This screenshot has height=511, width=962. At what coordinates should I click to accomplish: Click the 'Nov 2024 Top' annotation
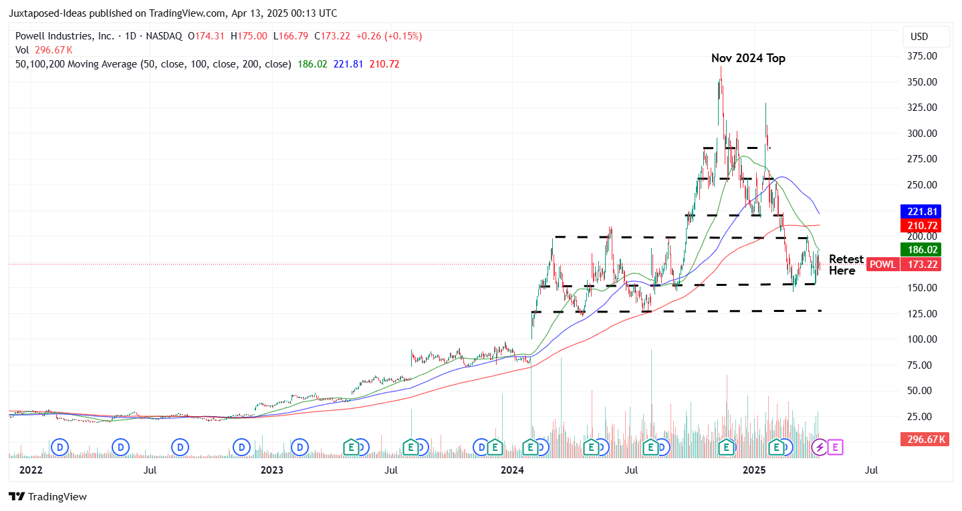[748, 58]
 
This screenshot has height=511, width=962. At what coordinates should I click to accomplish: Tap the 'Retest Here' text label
[846, 265]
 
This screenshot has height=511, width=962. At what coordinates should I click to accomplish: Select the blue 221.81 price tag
[921, 210]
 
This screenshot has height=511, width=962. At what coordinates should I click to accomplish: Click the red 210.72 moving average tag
[921, 225]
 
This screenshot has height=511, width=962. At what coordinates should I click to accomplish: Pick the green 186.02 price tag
[921, 249]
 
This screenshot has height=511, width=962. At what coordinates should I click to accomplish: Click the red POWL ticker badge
[882, 265]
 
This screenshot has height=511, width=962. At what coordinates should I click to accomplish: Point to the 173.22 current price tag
[921, 265]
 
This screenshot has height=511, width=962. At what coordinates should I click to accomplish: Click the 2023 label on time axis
[271, 470]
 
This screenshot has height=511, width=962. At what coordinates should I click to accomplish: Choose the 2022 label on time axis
[31, 470]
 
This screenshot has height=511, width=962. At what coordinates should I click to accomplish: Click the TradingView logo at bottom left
[47, 496]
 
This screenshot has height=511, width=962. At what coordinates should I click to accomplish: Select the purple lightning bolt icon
[819, 447]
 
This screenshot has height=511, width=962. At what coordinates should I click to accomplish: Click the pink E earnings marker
[835, 447]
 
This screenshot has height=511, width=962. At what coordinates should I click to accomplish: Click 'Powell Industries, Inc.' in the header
[64, 36]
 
